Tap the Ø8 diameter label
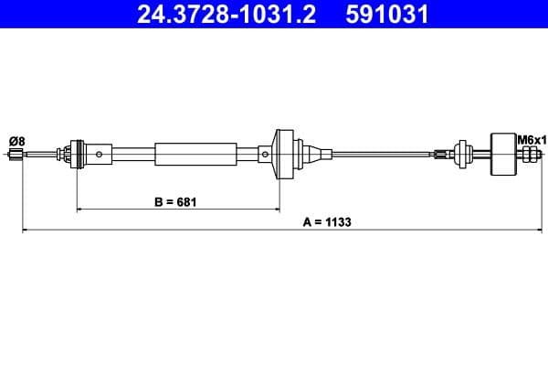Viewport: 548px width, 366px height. (16, 140)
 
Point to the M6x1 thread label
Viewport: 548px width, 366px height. (530, 139)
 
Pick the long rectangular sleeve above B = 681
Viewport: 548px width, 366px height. (195, 154)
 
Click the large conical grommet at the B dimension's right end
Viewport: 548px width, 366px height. (279, 153)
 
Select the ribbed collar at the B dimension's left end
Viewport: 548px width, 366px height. (75, 154)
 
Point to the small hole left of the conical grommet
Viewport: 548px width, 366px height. (264, 154)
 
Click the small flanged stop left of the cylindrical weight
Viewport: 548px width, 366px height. (460, 154)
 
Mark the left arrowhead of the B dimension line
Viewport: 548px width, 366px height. (79, 210)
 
